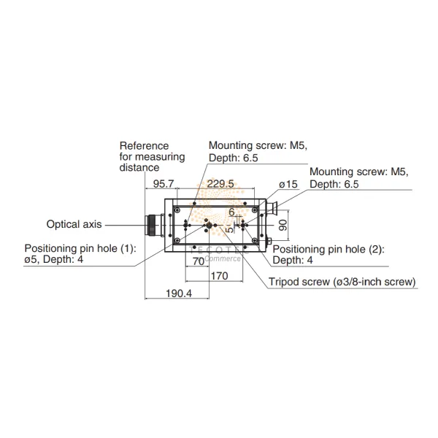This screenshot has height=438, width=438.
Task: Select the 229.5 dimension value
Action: [x=220, y=185]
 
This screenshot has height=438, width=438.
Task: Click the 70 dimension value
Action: [x=198, y=261]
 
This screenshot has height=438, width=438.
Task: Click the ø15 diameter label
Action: [x=288, y=185]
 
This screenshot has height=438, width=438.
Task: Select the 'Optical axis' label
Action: [x=74, y=224]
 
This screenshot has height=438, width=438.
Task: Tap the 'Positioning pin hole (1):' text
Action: [x=80, y=248]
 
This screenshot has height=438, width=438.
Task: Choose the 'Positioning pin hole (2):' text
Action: [x=328, y=249]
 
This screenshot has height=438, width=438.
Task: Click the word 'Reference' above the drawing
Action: [x=144, y=146]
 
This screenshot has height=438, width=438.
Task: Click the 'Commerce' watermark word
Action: [x=223, y=258]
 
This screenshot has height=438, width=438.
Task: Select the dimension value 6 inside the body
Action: [x=231, y=212]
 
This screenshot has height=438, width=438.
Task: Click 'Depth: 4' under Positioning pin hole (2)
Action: [x=292, y=260]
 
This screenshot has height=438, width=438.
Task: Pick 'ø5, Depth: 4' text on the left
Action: [x=56, y=259]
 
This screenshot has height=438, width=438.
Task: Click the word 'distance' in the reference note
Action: [x=139, y=167]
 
